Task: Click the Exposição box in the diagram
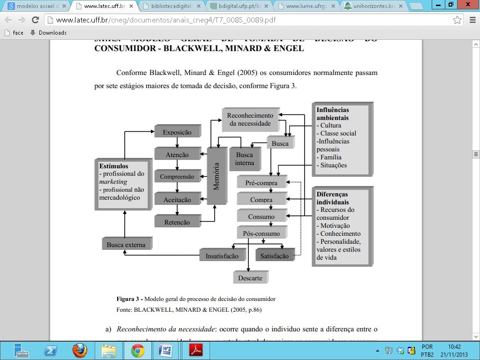coord(177,132)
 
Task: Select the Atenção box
coord(177,155)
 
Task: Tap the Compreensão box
coord(177,177)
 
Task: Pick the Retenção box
coord(177,222)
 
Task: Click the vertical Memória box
coord(216,176)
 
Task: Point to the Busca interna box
coord(244,159)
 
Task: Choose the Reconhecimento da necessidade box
coord(250,120)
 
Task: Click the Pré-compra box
coord(261,183)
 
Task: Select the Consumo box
coord(261,217)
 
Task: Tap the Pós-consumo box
coord(261,233)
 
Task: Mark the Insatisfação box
coord(222,256)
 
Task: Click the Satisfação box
coord(274,256)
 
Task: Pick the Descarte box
coord(250,278)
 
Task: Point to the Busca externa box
coord(126,245)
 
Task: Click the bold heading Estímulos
coord(113,166)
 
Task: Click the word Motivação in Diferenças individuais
coord(335,225)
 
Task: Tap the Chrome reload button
coord(35,20)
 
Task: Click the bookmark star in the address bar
coord(457,20)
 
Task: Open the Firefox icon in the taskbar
coord(80,350)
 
